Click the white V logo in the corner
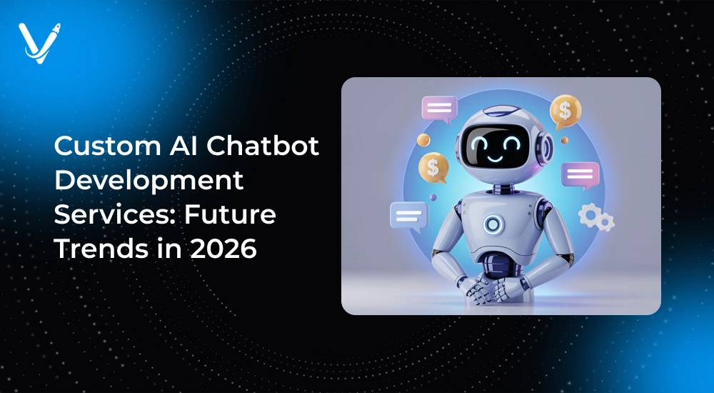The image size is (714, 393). (39, 43)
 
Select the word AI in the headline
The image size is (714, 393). (183, 146)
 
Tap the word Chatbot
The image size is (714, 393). (263, 146)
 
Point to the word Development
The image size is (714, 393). (149, 181)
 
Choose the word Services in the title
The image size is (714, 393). (115, 214)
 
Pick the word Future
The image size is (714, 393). (230, 214)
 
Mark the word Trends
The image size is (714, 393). (102, 249)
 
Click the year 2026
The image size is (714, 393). (223, 249)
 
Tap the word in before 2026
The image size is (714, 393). (170, 249)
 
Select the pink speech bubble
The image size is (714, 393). (439, 109)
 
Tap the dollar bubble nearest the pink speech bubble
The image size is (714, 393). (433, 168)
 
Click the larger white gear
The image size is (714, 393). (589, 215)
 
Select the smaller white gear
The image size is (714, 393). (606, 222)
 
